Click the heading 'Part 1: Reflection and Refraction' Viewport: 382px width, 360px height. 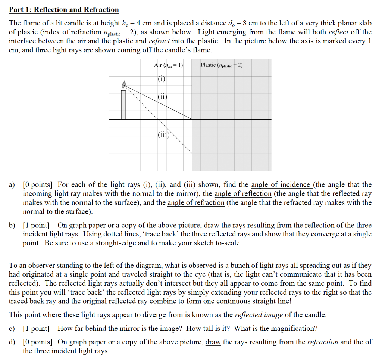click(x=64, y=10)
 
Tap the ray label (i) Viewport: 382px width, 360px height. click(x=161, y=79)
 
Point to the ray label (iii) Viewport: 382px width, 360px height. click(x=163, y=136)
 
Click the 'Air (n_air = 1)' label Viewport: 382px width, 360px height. click(x=169, y=65)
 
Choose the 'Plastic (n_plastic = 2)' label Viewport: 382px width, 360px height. click(x=222, y=65)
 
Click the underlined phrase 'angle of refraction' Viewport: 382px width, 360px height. click(x=196, y=203)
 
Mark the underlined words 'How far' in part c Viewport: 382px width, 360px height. click(x=70, y=329)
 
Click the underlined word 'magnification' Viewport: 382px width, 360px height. click(x=293, y=329)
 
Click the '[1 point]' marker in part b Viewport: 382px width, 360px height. click(x=36, y=226)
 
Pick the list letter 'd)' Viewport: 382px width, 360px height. click(x=12, y=342)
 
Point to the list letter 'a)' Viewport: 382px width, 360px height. click(x=12, y=185)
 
